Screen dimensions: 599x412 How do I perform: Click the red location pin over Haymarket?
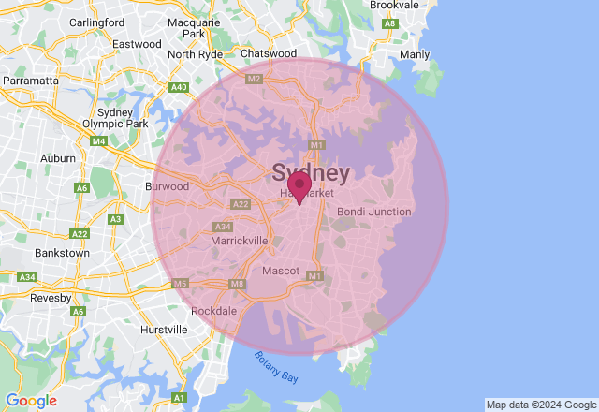tap(299, 185)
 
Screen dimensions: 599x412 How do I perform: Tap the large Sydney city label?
tap(311, 172)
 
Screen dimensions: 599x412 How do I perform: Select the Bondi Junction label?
tap(373, 212)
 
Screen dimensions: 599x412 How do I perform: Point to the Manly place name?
tap(415, 54)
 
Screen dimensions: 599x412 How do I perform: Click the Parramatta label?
tap(30, 81)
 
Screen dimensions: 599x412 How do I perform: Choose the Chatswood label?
tap(269, 54)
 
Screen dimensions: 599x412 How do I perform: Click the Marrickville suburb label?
tap(239, 241)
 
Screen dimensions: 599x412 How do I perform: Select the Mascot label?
tap(280, 271)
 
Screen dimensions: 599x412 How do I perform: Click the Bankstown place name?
tap(62, 253)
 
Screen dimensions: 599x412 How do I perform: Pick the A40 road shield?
tap(179, 87)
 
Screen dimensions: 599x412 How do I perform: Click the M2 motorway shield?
tap(254, 80)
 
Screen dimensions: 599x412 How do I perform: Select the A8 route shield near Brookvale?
tap(390, 22)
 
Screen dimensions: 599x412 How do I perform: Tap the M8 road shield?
tap(237, 284)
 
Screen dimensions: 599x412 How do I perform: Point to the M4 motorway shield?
tap(98, 141)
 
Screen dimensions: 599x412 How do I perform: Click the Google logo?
tap(31, 401)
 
